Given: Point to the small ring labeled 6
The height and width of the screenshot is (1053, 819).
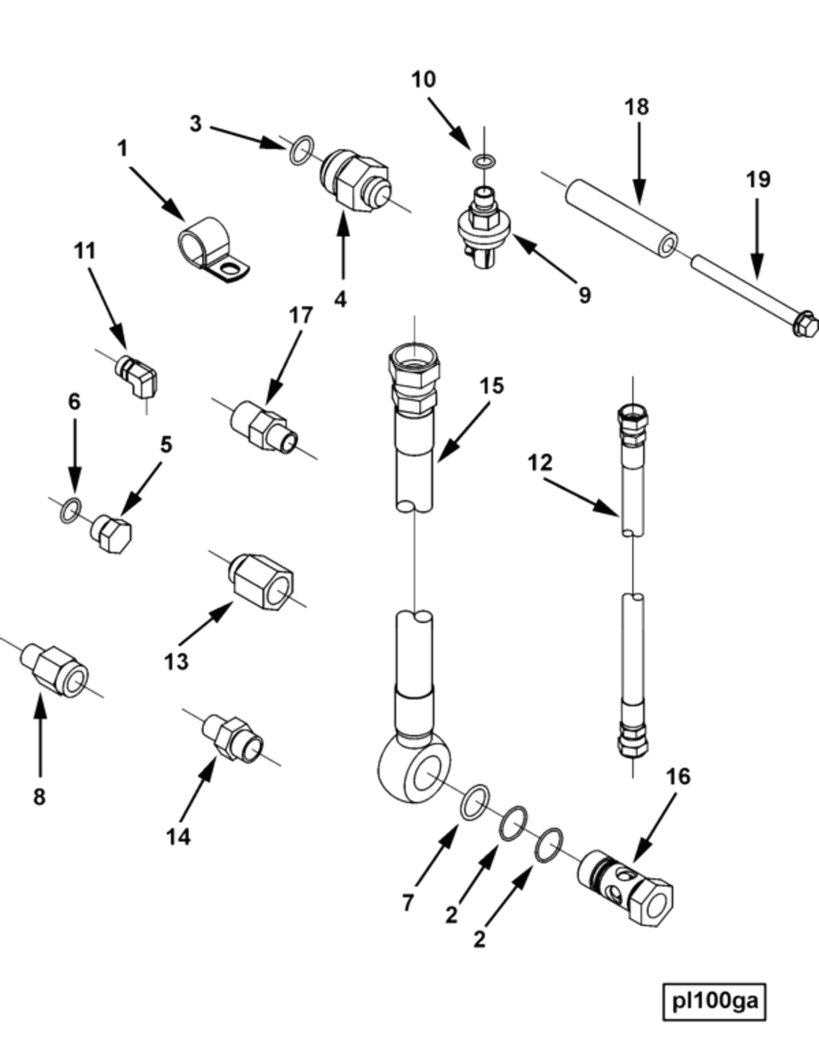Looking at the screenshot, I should (71, 511).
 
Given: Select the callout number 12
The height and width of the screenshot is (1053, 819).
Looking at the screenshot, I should (540, 462).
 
